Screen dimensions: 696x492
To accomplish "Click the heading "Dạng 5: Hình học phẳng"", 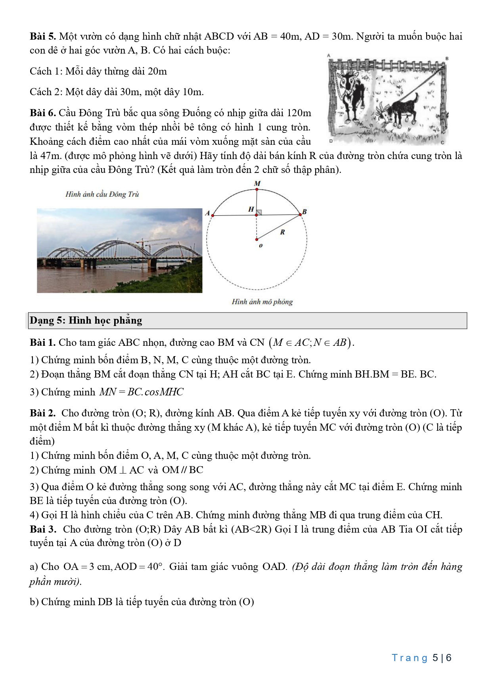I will [86, 320].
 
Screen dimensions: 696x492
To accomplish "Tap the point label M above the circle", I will [257, 184].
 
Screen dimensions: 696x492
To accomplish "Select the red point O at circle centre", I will [257, 239].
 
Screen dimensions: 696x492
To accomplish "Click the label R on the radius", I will [282, 232].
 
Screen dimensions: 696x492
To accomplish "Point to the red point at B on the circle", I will [300, 215].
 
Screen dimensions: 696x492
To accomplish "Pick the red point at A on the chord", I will [213, 215].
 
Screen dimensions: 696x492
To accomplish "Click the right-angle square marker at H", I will [259, 212].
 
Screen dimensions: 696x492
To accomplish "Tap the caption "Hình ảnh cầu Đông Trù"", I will [102, 194].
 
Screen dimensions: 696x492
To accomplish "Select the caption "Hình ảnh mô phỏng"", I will [262, 302].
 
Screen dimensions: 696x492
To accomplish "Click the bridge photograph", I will [119, 251].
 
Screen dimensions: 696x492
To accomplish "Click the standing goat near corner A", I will [349, 91].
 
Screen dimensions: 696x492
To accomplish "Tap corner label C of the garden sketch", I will [442, 142].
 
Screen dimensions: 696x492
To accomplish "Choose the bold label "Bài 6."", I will [43, 113].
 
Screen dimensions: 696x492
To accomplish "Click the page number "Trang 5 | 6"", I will [422, 658].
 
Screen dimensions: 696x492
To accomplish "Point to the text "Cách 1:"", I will [46, 71].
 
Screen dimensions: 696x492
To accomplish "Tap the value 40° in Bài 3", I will [155, 567].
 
